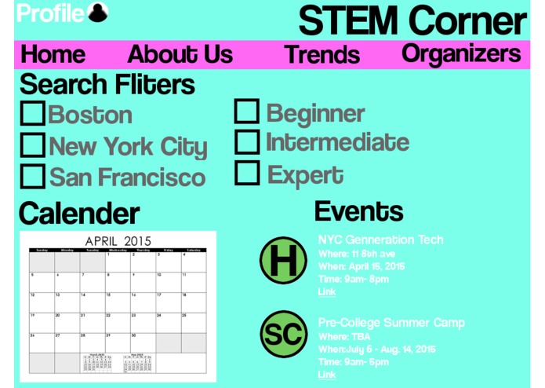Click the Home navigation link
[x=53, y=54]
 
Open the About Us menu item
[x=180, y=54]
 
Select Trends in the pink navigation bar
[x=322, y=55]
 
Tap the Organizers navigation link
[x=461, y=53]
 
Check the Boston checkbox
[x=32, y=114]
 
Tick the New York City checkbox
[x=32, y=145]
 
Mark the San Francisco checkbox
[x=32, y=176]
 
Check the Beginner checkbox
[x=247, y=112]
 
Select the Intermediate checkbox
[x=247, y=142]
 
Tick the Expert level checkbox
[x=247, y=173]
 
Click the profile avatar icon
[x=98, y=13]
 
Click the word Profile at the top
[x=49, y=13]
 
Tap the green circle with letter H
[x=283, y=261]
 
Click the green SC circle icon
[x=283, y=335]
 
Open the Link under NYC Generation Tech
[x=326, y=292]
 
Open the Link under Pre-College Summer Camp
[x=326, y=375]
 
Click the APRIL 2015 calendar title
[x=118, y=240]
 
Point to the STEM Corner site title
[x=412, y=20]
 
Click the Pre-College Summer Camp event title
[x=391, y=323]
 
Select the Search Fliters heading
[x=107, y=84]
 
